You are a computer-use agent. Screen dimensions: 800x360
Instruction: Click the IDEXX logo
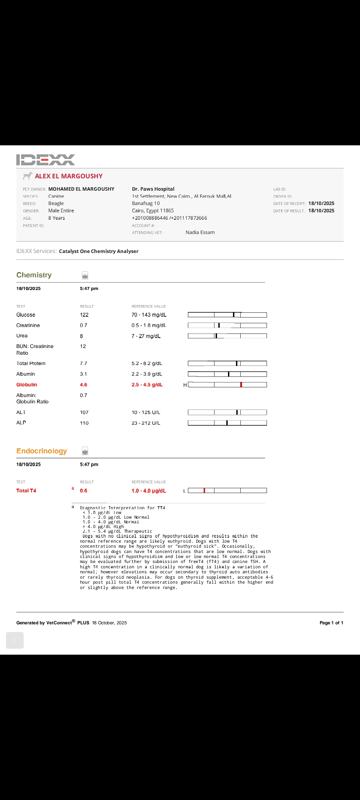coord(46,160)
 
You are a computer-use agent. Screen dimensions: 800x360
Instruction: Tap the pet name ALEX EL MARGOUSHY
coord(69,176)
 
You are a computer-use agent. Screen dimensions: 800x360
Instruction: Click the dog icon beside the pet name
coord(28,176)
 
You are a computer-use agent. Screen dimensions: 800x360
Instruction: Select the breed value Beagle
coord(56,203)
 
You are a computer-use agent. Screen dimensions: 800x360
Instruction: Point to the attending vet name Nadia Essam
coord(200,232)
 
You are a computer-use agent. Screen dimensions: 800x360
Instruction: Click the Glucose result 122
coord(84,315)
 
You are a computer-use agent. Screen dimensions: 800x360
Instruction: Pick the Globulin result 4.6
coord(84,385)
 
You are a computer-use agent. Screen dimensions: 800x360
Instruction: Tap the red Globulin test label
coord(27,385)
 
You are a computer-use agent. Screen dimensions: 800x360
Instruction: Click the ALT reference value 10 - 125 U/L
coord(146,412)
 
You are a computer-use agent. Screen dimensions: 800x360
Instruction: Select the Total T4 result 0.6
coord(84,491)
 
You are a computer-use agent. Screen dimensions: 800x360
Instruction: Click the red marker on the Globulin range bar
coord(241,385)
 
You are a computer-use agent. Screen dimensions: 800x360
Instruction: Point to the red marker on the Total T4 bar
coord(204,490)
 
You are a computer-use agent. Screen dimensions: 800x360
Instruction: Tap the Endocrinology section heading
coord(42,451)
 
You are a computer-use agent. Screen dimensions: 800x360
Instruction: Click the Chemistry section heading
coord(34,275)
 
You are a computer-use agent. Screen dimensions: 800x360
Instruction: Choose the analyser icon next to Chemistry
coord(85,275)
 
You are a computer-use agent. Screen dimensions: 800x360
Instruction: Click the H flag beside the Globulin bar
coord(185,385)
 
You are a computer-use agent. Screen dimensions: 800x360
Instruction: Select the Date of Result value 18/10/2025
coord(321,211)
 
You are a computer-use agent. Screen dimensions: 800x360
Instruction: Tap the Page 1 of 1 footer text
coord(331,623)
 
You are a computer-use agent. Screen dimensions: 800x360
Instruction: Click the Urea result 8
coord(81,336)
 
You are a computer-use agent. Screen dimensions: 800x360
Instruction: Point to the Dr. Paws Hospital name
coord(153,189)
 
